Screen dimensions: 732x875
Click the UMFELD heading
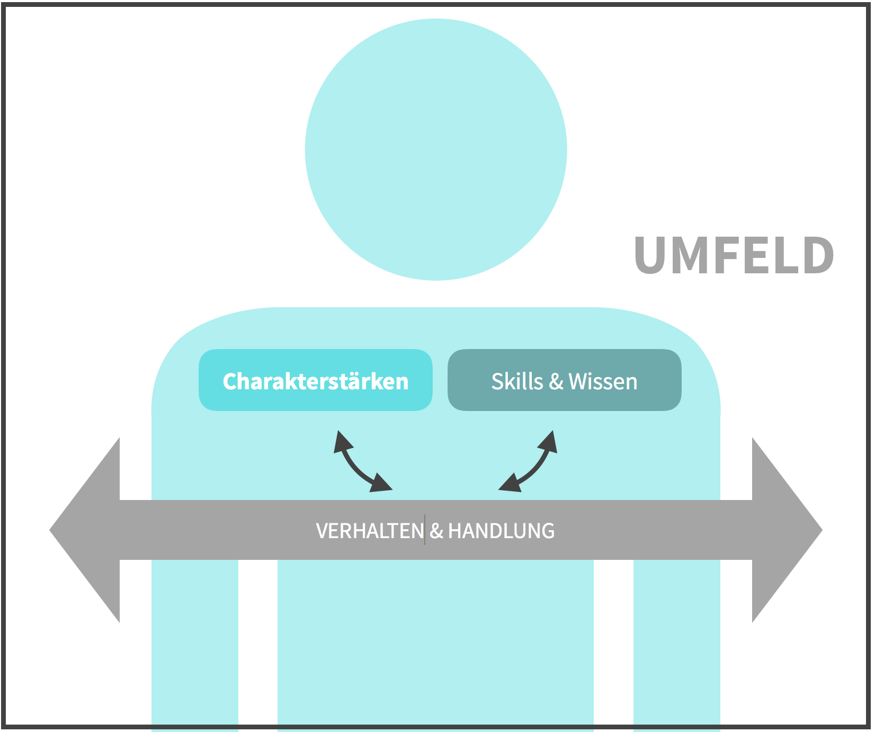point(734,256)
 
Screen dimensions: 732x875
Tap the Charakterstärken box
point(315,380)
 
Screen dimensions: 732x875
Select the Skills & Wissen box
point(564,380)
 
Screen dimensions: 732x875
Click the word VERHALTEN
point(370,531)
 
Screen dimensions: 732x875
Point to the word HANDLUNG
point(501,531)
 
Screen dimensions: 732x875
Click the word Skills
point(517,381)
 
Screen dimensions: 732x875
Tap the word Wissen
point(603,381)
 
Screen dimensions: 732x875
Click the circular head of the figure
point(436,149)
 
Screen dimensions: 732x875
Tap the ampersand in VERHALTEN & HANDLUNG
point(436,531)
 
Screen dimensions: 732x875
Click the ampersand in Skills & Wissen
point(556,381)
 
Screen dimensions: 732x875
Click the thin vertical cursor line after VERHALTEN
point(425,530)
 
